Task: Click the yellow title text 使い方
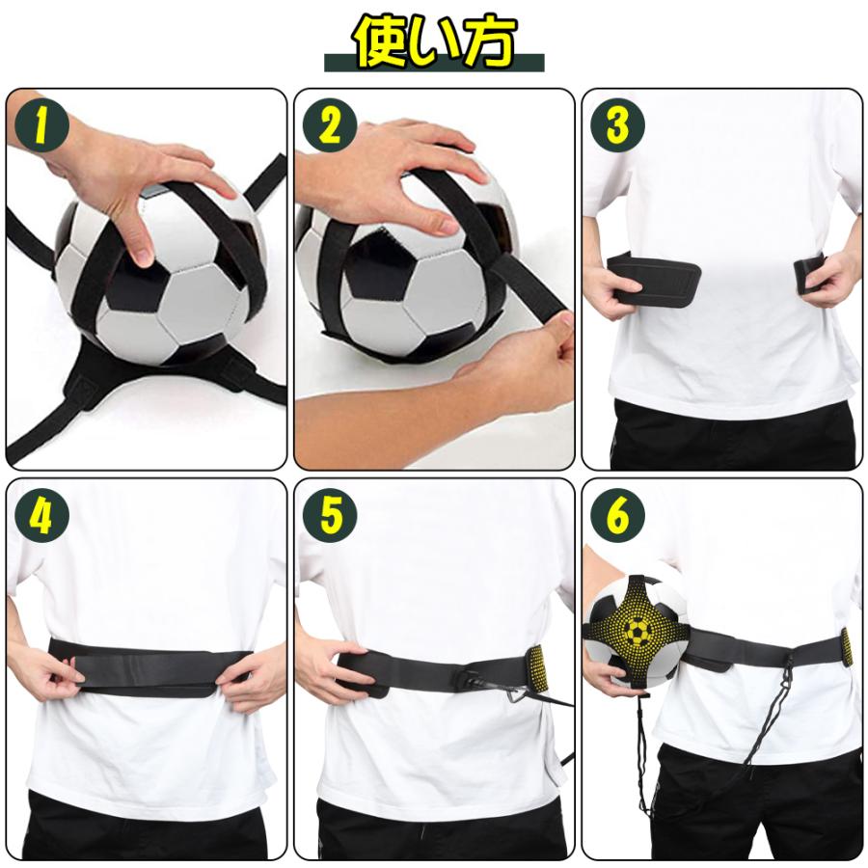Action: [434, 41]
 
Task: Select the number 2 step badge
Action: [329, 125]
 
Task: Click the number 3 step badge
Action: [616, 125]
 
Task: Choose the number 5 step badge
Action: [329, 516]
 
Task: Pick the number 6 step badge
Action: [616, 516]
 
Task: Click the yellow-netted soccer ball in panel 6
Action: [634, 632]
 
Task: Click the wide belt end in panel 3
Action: [656, 280]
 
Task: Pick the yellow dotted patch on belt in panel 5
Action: [538, 668]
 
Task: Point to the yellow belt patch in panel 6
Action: [847, 646]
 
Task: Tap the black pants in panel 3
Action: [733, 439]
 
